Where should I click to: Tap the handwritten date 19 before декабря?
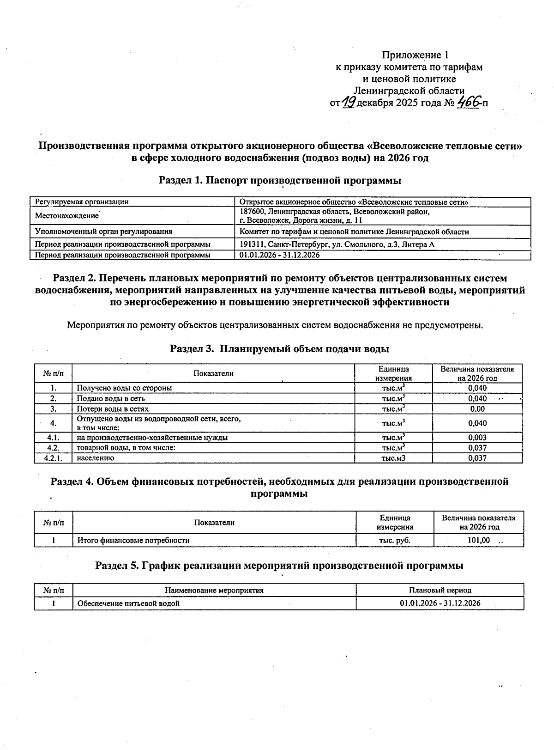(349, 103)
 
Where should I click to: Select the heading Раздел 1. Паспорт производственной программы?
(280, 181)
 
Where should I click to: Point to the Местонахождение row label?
(67, 216)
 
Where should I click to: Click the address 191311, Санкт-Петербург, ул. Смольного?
(337, 244)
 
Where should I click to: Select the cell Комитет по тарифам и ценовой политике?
(354, 232)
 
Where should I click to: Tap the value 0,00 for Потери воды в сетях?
(477, 409)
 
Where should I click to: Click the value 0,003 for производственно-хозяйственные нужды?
(477, 438)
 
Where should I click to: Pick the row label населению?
(96, 458)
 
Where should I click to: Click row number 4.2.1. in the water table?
(53, 458)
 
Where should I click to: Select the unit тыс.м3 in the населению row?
(393, 458)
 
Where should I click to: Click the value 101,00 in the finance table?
(479, 540)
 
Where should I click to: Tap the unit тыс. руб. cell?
(395, 540)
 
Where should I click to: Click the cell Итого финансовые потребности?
(133, 540)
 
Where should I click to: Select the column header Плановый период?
(440, 590)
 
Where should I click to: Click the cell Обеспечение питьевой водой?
(128, 603)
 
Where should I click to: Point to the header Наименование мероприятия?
(214, 590)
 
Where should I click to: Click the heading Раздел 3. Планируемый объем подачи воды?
(280, 348)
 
